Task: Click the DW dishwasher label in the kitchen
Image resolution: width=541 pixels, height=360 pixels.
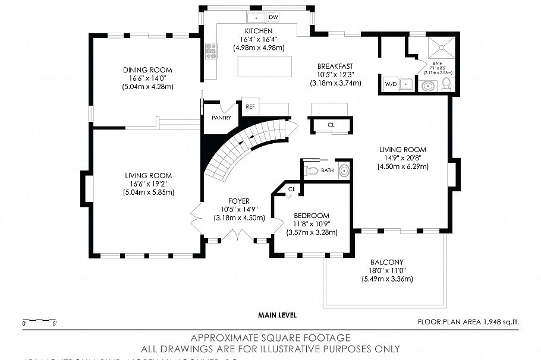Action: click(x=273, y=17)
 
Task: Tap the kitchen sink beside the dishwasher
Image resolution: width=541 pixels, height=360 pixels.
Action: click(x=256, y=17)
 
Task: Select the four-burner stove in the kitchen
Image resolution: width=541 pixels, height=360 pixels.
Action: click(x=212, y=51)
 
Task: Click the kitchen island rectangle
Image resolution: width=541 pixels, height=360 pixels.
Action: click(x=266, y=66)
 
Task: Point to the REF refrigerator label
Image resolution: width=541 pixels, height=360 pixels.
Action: click(x=250, y=107)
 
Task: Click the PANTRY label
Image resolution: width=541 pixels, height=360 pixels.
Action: click(x=221, y=118)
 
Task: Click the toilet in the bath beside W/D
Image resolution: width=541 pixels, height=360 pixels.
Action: click(x=446, y=84)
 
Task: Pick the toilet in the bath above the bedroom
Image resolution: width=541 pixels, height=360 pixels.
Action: click(x=312, y=170)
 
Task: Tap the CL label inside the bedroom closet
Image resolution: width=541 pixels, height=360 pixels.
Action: click(x=291, y=189)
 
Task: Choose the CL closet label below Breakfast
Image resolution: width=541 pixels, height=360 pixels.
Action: click(x=331, y=125)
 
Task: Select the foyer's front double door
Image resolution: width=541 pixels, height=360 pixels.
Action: click(x=238, y=236)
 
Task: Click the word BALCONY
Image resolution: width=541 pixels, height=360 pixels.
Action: click(x=387, y=262)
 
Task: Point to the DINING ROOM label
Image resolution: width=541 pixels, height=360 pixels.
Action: click(x=147, y=69)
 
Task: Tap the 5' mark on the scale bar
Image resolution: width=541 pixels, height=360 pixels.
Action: click(x=55, y=324)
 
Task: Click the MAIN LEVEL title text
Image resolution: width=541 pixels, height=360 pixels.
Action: click(x=277, y=315)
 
